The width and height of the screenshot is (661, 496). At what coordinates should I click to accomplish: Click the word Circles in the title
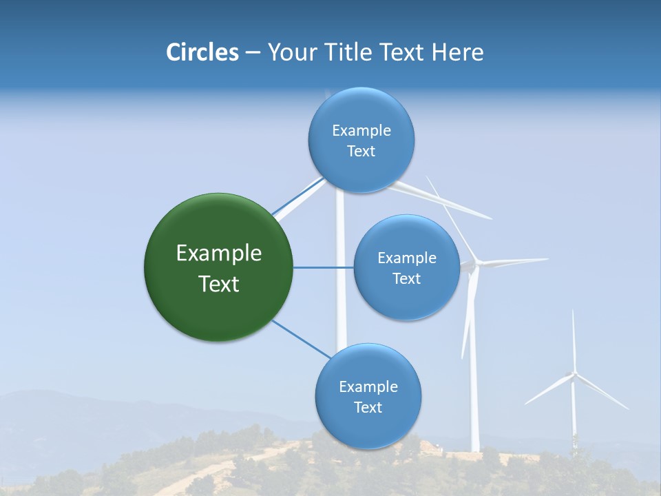[202, 52]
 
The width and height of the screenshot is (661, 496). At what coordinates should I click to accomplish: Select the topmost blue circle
[361, 172]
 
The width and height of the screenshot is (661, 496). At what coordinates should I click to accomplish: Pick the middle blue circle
[406, 300]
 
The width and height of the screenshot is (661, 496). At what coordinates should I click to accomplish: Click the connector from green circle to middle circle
[323, 267]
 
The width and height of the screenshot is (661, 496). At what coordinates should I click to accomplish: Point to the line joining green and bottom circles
[302, 338]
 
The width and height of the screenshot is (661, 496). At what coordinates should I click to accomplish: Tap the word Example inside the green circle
[219, 254]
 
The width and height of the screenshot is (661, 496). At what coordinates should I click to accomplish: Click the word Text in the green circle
[219, 284]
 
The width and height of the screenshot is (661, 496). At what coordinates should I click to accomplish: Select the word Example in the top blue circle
[361, 130]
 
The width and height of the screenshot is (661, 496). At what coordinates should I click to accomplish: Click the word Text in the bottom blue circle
[368, 407]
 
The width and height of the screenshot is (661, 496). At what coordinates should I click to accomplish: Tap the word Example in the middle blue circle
[407, 258]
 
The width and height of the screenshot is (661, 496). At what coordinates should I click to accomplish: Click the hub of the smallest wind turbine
[573, 375]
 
